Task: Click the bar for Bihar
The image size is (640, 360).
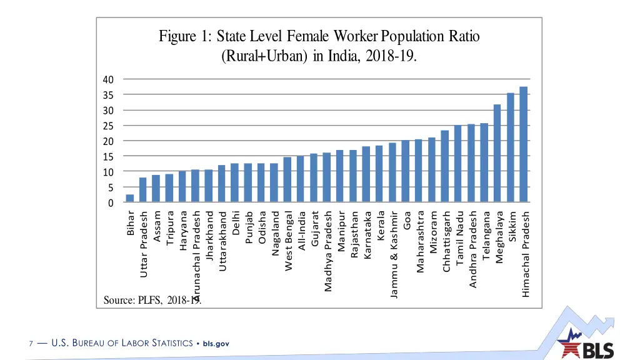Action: (x=129, y=199)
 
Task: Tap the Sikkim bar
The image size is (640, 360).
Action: (x=511, y=148)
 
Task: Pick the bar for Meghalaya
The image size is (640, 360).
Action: (x=497, y=154)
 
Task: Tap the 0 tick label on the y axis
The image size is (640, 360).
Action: (x=111, y=203)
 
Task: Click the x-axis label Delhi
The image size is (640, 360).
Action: (x=235, y=224)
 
